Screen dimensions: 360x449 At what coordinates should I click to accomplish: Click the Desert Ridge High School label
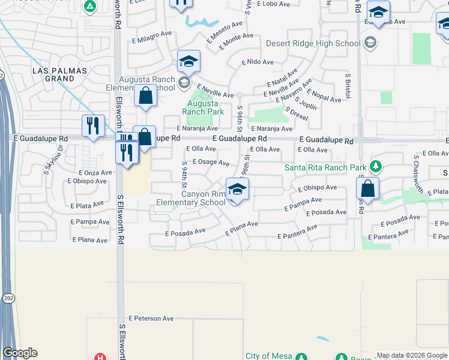[313, 43]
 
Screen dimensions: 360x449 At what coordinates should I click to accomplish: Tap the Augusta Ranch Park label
[203, 107]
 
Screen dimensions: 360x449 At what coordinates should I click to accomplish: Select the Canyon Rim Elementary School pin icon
[238, 189]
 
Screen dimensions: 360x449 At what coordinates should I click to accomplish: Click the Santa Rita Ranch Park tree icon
[376, 166]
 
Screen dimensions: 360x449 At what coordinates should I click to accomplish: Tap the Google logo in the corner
[20, 353]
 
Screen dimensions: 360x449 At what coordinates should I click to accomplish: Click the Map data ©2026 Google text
[412, 355]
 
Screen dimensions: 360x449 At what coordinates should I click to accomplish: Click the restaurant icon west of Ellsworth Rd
[92, 125]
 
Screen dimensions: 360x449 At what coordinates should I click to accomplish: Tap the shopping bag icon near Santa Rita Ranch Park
[367, 188]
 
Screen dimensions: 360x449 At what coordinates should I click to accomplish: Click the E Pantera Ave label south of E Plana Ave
[297, 233]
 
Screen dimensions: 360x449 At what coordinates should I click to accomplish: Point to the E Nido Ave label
[258, 62]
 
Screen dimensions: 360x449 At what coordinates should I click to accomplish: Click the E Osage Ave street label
[211, 163]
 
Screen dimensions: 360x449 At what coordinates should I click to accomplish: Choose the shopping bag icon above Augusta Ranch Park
[146, 95]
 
